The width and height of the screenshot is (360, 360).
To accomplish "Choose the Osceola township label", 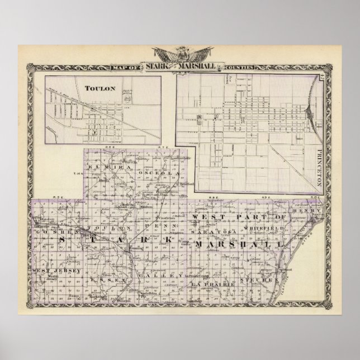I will (x=165, y=174).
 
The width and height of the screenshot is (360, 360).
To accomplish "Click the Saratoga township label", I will (x=213, y=230).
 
